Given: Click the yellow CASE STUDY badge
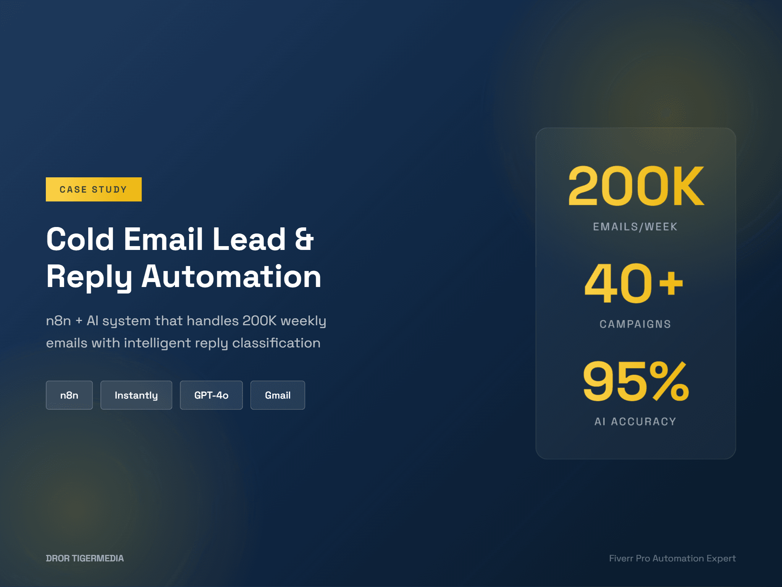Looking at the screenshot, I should [x=94, y=189].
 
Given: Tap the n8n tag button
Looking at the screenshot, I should [x=69, y=395].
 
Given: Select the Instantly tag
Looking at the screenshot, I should [x=136, y=395].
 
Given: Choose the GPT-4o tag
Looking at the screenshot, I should [x=211, y=395].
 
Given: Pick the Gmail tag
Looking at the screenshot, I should [x=278, y=395].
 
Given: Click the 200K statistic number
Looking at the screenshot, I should [x=636, y=186].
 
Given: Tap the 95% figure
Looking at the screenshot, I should [x=636, y=381].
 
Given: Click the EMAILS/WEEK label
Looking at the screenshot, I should [x=635, y=227].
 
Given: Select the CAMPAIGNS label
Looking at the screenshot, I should [x=635, y=324].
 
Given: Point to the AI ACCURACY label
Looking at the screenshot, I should [x=635, y=422].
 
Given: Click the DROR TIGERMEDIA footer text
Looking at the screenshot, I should [x=85, y=558].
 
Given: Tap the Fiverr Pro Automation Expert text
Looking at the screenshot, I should [x=672, y=558].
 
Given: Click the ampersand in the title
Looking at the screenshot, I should [x=304, y=239].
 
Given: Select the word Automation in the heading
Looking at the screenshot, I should [x=231, y=276].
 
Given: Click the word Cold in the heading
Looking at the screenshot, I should [x=80, y=239].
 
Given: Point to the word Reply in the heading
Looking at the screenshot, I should [x=89, y=277].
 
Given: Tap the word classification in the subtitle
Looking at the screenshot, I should [x=276, y=343].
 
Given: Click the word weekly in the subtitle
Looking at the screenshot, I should [x=303, y=321].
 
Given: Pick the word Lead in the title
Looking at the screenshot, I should [x=249, y=239].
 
